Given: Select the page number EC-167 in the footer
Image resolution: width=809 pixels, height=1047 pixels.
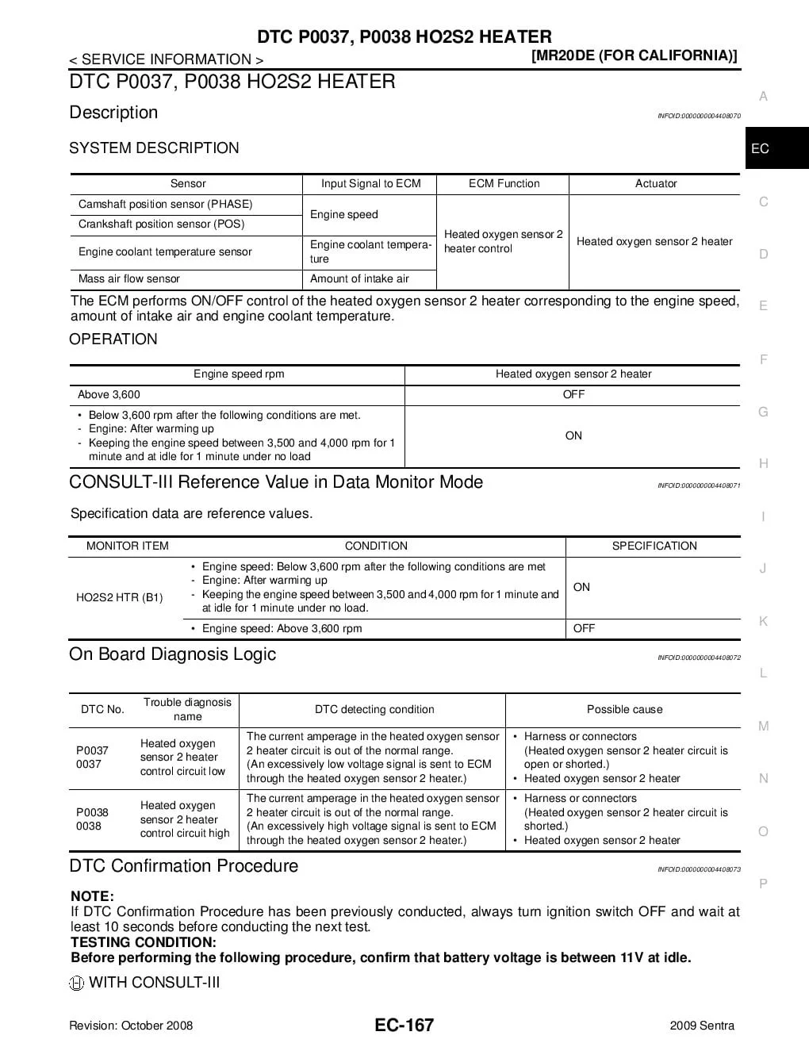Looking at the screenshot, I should click(404, 1025).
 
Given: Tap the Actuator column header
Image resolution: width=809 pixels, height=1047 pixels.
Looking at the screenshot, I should click(656, 184).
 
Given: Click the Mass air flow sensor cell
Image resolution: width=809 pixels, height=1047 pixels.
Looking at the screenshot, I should click(129, 279).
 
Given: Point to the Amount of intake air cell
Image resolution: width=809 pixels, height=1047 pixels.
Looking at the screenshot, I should click(359, 279).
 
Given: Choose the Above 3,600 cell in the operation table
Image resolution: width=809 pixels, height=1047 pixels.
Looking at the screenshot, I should click(109, 395).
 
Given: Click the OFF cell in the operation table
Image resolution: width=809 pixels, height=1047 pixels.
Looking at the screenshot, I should click(573, 395).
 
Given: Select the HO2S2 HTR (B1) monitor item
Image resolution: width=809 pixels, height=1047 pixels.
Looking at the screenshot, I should click(120, 597).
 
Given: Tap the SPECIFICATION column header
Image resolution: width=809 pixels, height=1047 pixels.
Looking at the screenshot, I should click(654, 547).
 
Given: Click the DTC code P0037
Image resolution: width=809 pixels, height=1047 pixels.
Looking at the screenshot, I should click(92, 750).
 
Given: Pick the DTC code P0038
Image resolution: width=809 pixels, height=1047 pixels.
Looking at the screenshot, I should click(92, 812).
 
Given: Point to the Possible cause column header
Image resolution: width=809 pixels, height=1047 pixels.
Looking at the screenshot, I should click(624, 710).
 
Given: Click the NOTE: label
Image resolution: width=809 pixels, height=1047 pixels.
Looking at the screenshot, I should click(92, 896).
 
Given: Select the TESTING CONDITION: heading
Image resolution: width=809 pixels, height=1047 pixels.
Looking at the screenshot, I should click(144, 942).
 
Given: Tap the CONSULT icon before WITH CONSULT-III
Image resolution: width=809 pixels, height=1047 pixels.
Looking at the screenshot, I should click(77, 984).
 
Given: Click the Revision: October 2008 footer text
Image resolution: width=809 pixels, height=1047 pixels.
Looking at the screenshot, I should click(131, 1026).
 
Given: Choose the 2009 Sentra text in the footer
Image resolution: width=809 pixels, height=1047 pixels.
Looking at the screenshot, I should click(702, 1026).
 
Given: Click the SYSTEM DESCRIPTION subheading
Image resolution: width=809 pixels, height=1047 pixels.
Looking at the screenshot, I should click(154, 148).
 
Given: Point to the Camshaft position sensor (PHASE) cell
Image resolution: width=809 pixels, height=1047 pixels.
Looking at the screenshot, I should click(165, 205).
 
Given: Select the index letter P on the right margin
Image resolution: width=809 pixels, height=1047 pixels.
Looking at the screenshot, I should click(763, 884).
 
